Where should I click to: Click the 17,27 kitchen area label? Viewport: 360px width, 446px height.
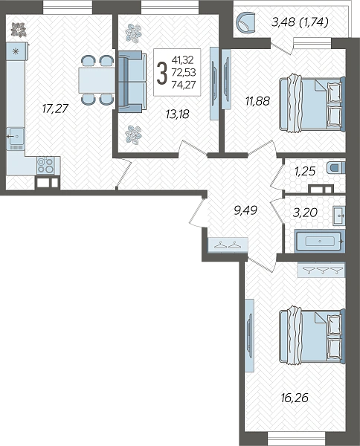pyautogui.click(x=56, y=109)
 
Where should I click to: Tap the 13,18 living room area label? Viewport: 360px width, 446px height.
pyautogui.click(x=178, y=114)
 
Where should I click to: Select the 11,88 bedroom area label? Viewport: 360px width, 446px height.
pyautogui.click(x=258, y=101)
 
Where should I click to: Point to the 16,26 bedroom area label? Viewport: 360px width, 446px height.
pyautogui.click(x=295, y=398)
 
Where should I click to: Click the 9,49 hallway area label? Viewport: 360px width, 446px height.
pyautogui.click(x=245, y=210)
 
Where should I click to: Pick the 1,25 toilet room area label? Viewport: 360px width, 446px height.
pyautogui.click(x=305, y=171)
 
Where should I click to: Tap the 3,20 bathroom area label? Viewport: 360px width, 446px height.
pyautogui.click(x=305, y=213)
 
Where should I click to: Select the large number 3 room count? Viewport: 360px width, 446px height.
pyautogui.click(x=162, y=73)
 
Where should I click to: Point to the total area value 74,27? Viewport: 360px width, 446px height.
pyautogui.click(x=184, y=85)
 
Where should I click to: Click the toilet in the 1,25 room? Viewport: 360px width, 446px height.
pyautogui.click(x=336, y=167)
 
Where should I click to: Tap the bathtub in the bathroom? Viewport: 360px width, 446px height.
pyautogui.click(x=320, y=241)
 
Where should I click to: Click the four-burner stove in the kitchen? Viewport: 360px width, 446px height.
pyautogui.click(x=45, y=166)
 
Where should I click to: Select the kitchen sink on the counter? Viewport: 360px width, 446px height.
pyautogui.click(x=16, y=138)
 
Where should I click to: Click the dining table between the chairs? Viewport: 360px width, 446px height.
pyautogui.click(x=97, y=80)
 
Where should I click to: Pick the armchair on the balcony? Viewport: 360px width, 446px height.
pyautogui.click(x=246, y=22)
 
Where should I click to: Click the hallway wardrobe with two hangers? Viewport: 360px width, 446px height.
pyautogui.click(x=228, y=245)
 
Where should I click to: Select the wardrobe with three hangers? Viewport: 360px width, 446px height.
pyautogui.click(x=321, y=270)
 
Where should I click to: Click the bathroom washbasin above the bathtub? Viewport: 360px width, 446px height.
pyautogui.click(x=339, y=216)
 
